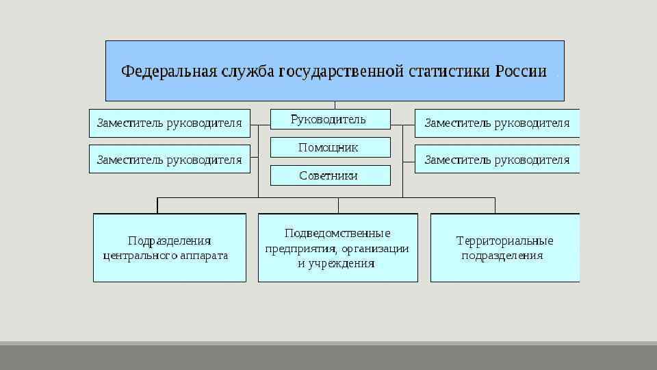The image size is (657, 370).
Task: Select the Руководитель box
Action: pyautogui.click(x=330, y=120)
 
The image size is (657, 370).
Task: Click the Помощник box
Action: pyautogui.click(x=330, y=147)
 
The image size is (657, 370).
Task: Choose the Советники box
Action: pyautogui.click(x=330, y=175)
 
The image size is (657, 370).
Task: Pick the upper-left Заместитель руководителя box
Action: pyautogui.click(x=170, y=123)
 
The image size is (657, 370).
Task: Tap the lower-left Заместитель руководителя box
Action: pyautogui.click(x=170, y=160)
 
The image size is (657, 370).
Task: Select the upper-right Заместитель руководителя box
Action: pyautogui.click(x=497, y=123)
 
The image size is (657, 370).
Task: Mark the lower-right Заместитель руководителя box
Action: pyautogui.click(x=497, y=160)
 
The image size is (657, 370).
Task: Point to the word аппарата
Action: pyautogui.click(x=204, y=256)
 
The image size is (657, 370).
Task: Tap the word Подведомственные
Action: pyautogui.click(x=337, y=234)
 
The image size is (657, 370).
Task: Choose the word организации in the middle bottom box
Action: pyautogui.click(x=376, y=248)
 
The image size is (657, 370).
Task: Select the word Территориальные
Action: pyautogui.click(x=504, y=241)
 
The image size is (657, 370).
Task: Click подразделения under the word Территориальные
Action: pyautogui.click(x=502, y=256)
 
